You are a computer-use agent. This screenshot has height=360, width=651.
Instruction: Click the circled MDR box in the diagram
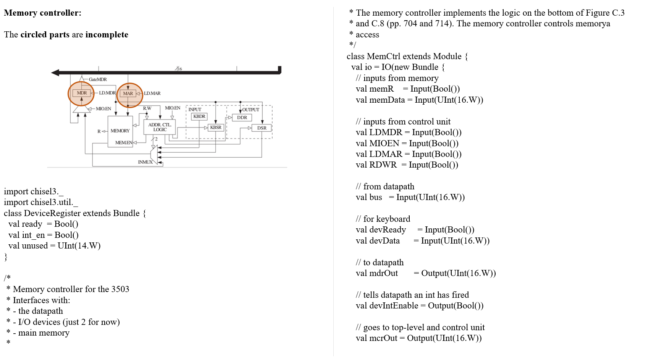coord(81,93)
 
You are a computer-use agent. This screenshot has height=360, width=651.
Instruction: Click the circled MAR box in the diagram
coord(128,94)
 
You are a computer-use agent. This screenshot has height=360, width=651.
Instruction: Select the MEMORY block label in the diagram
coord(120,131)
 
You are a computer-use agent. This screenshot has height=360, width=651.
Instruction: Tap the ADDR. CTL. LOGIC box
coord(160,127)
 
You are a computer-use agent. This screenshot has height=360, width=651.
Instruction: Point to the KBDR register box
coord(199,116)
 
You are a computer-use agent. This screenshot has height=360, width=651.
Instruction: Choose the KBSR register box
coord(216,128)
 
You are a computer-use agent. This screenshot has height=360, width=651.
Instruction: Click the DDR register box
coord(242,118)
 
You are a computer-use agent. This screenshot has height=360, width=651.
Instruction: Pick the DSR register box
coord(262,128)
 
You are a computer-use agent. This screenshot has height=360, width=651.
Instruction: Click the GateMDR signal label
coord(98,79)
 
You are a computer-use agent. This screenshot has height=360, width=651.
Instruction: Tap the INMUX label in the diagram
coord(145,162)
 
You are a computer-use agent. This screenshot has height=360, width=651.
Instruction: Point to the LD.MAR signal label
coord(152,94)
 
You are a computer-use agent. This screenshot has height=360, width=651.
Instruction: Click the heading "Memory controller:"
coord(42,13)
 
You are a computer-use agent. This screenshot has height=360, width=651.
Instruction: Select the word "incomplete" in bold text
coord(107,35)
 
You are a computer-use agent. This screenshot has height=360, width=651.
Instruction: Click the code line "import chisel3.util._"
coord(40,202)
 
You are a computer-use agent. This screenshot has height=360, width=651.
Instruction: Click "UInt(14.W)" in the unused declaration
coord(79,246)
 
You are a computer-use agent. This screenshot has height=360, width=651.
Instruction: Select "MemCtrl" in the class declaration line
coord(383,57)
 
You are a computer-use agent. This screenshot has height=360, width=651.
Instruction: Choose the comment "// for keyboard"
coord(383,219)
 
